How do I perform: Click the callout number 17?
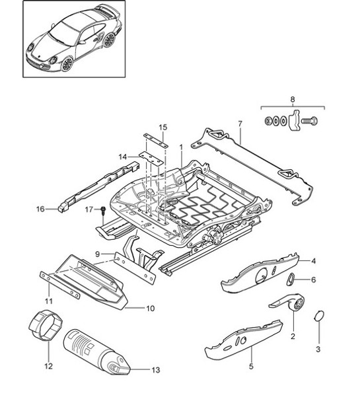[89, 209]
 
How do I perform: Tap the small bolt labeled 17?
[104, 211]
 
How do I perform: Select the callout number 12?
[47, 365]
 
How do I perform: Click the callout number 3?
[318, 349]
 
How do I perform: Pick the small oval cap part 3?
[318, 315]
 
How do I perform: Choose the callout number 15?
[163, 127]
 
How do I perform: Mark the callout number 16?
[40, 209]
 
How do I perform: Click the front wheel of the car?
[67, 64]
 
